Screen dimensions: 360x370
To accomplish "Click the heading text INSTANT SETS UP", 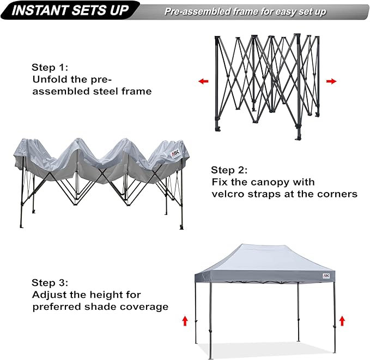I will coord(71,10).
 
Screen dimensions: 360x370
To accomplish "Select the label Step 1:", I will coord(50,68).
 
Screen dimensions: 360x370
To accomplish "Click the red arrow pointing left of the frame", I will coord(203,81).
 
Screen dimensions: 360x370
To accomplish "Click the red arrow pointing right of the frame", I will coord(331,81).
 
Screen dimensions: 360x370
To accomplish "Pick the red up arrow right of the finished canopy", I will coord(342,320).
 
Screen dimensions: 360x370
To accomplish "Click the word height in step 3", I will coord(100,295).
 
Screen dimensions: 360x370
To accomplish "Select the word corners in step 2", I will coord(338,194).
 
